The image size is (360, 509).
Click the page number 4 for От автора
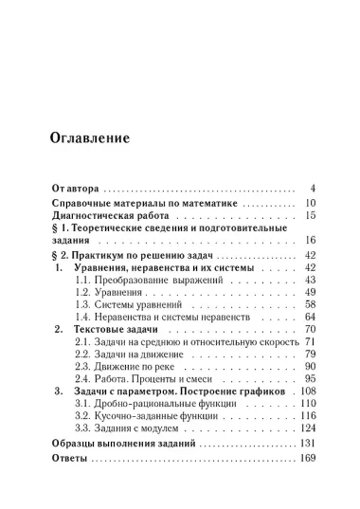(x=312, y=188)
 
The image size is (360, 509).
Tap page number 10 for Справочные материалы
(x=309, y=203)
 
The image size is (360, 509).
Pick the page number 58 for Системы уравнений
(x=309, y=305)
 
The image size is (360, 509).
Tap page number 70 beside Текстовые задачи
(x=309, y=328)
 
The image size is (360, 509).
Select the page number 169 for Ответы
(x=306, y=458)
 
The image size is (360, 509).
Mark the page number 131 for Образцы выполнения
(x=306, y=443)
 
